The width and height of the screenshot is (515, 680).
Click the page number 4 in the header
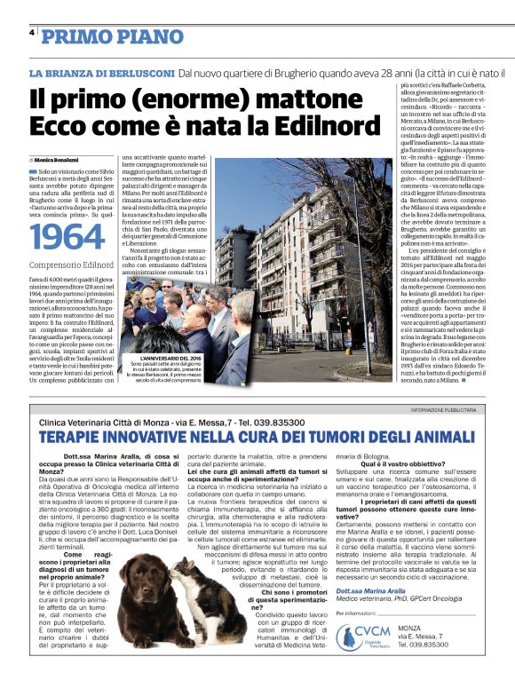(32, 32)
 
